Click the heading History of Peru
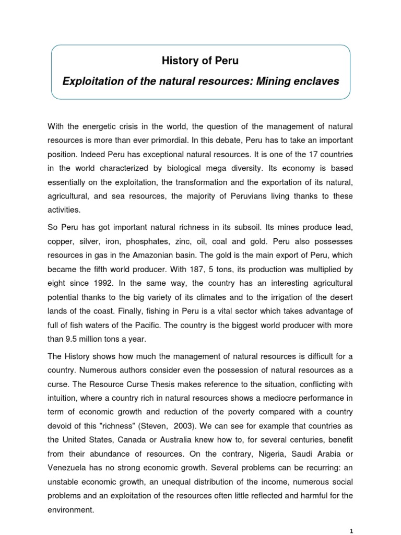tap(200, 61)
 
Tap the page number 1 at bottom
tap(352, 528)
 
